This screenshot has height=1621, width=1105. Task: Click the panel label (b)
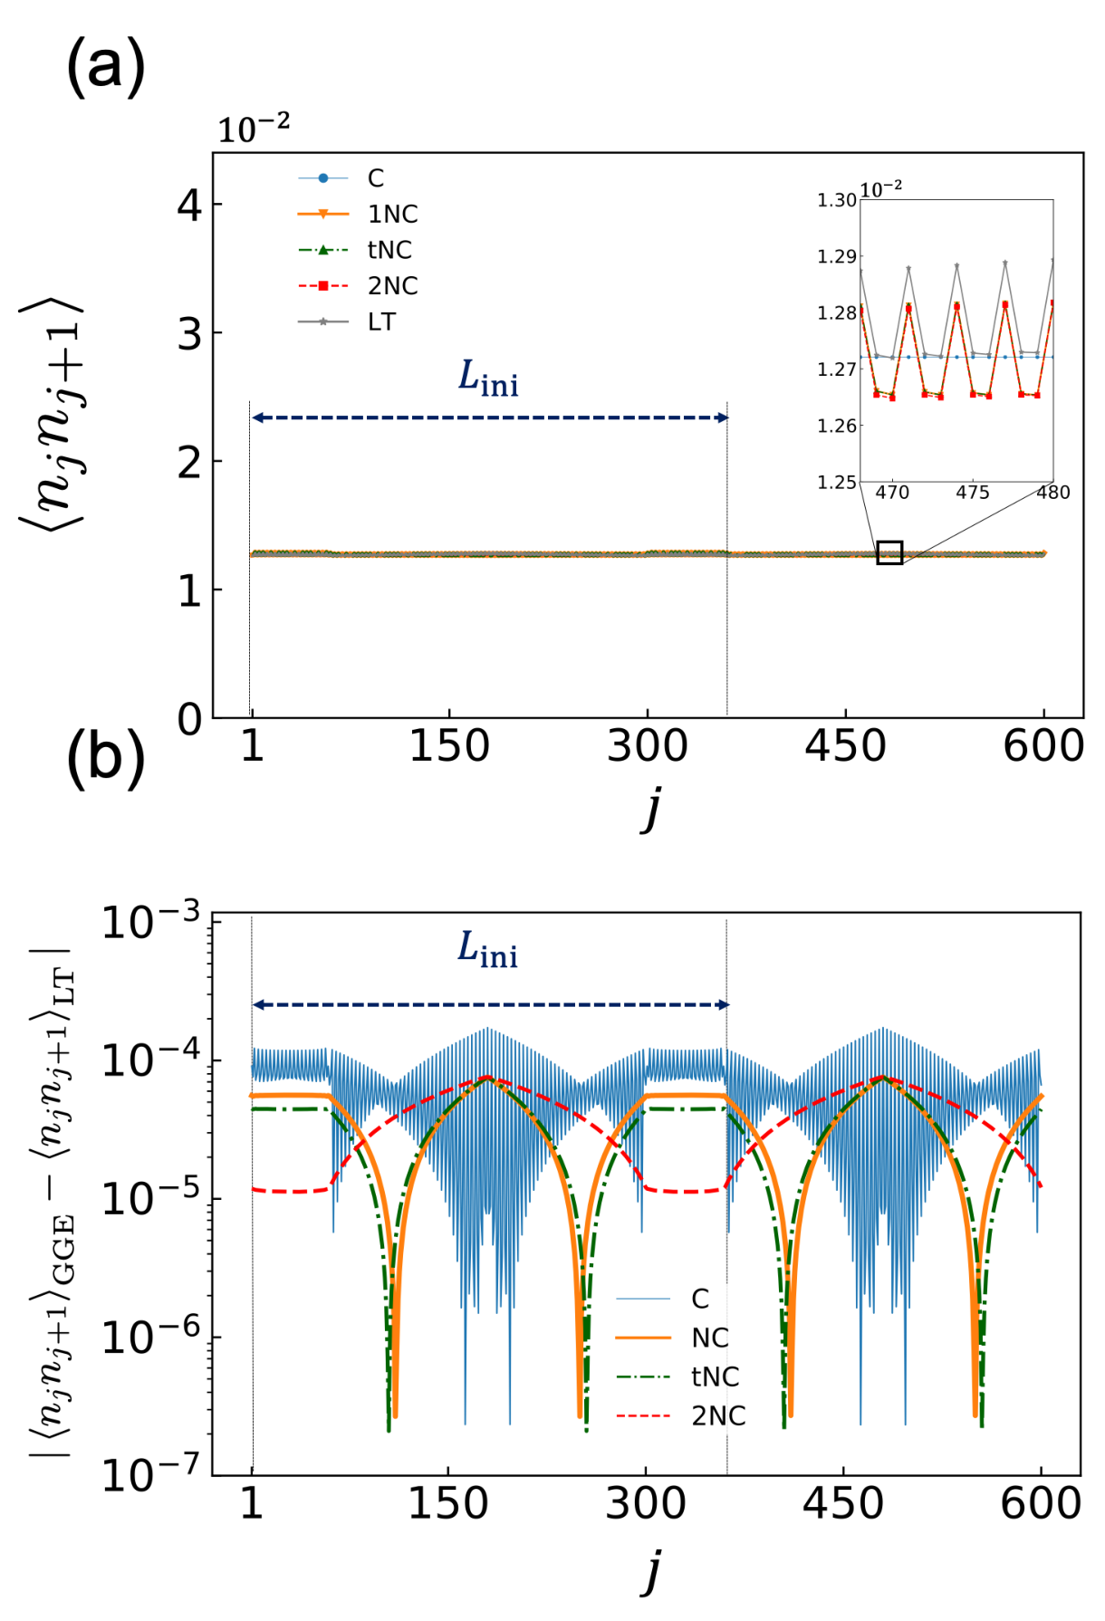click(x=105, y=758)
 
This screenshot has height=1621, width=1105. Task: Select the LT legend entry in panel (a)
click(x=348, y=321)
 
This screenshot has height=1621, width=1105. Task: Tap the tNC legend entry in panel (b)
click(x=678, y=1376)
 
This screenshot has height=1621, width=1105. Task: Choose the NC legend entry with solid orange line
click(x=673, y=1338)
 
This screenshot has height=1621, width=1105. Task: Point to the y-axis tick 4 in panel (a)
click(x=189, y=206)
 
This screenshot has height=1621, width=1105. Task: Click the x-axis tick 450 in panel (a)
click(x=845, y=746)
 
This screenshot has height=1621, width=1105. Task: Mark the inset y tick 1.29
click(x=837, y=256)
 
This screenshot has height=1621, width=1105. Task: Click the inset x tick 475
click(x=973, y=493)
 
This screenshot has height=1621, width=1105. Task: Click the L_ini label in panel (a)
click(x=488, y=378)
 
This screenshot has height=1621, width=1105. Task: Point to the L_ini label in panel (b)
click(x=487, y=950)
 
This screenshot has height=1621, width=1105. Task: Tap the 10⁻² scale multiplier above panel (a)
click(x=254, y=129)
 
